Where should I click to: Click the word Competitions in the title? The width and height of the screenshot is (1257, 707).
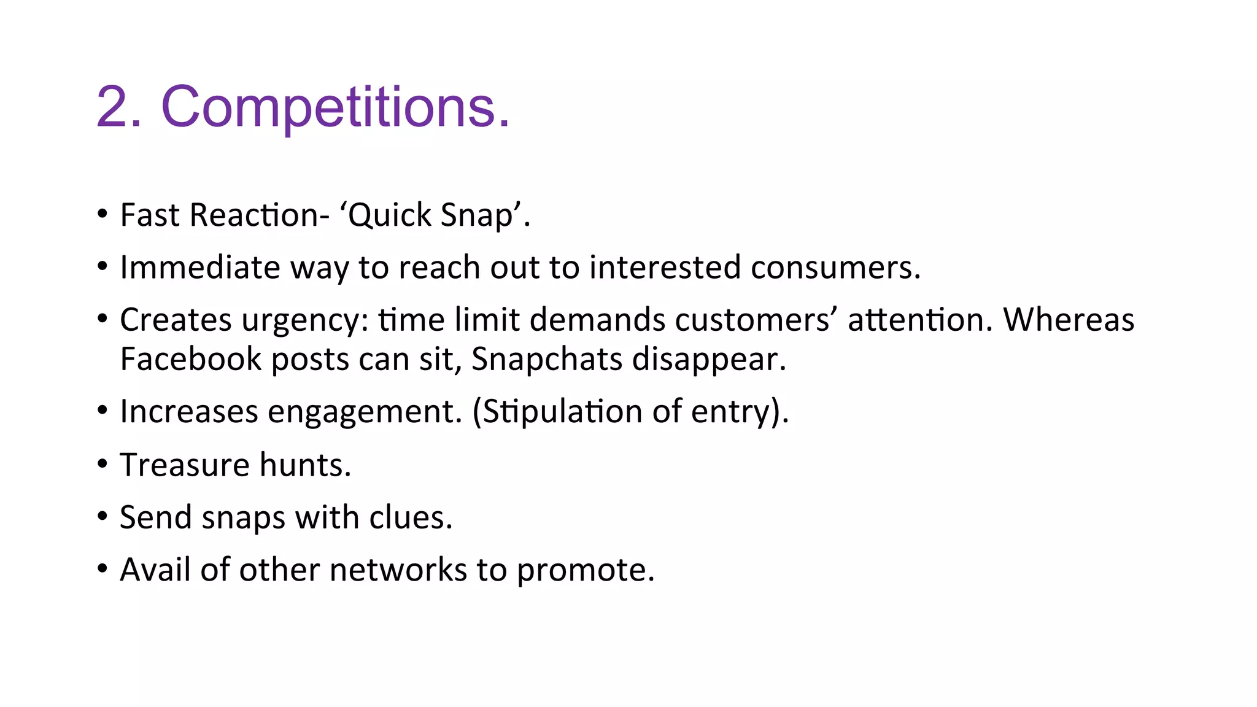[335, 107]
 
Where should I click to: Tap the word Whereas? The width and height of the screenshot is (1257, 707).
[1069, 320]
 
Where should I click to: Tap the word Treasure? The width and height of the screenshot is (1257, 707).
[185, 465]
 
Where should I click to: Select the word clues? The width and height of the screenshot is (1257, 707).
[411, 517]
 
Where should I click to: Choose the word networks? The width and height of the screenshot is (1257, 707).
[398, 570]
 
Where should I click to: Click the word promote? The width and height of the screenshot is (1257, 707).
[585, 571]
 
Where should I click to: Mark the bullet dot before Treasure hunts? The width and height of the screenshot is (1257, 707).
[102, 464]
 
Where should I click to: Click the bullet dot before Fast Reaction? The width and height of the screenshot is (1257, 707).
[102, 215]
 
